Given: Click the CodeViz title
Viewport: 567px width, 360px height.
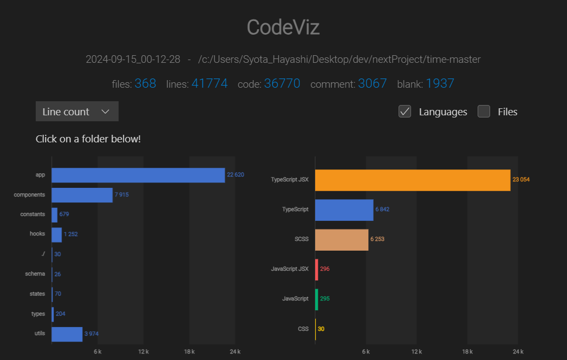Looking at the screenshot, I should click(283, 27).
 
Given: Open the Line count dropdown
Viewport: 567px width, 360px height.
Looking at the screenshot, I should click(77, 112).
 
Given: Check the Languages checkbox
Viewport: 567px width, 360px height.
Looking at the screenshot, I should click(405, 112).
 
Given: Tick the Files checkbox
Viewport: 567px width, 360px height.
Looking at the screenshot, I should click(484, 112).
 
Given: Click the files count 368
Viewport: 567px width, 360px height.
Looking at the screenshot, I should click(145, 83).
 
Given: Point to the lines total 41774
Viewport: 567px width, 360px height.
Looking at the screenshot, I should click(209, 83).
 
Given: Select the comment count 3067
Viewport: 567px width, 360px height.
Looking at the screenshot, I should click(372, 83).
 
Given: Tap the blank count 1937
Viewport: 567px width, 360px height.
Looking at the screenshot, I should click(440, 83).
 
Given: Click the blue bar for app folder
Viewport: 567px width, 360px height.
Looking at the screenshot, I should click(138, 175).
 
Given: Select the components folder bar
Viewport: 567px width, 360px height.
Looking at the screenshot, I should click(82, 194).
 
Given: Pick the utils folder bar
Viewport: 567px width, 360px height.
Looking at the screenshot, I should click(67, 334).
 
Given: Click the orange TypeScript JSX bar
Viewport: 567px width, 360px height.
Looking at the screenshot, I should click(412, 180).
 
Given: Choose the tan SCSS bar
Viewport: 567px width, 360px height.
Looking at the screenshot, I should click(341, 239).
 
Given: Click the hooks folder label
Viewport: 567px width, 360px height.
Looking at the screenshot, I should click(37, 234).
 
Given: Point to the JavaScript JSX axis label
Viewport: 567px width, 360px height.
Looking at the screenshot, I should click(290, 269).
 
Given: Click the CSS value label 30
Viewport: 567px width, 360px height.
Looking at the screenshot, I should click(321, 329).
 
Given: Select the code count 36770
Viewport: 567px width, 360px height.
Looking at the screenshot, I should click(282, 83).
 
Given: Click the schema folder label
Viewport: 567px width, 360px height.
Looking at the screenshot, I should click(35, 274).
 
